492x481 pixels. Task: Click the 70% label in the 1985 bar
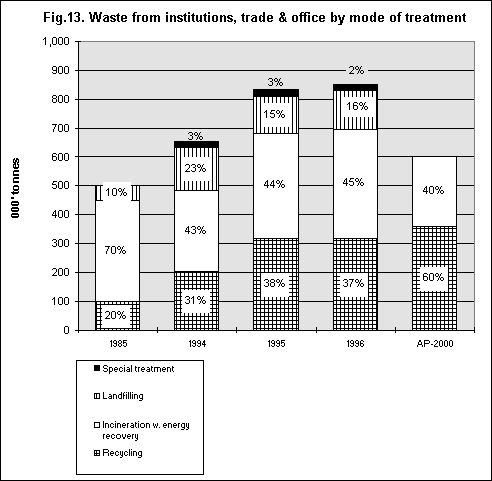115,250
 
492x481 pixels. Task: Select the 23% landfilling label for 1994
195,168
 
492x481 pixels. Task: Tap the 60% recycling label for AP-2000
433,277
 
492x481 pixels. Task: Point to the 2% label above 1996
356,70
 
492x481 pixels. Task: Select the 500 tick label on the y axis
60,186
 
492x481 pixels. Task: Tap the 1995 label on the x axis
276,343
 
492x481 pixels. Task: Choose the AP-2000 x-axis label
435,343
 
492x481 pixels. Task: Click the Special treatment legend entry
134,369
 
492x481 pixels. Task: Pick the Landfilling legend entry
119,396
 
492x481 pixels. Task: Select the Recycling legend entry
118,453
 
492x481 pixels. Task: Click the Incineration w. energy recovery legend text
146,430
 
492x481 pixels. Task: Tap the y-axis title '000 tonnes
15,188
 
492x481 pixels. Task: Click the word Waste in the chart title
108,17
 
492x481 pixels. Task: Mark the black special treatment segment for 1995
276,93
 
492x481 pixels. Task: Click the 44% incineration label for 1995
274,184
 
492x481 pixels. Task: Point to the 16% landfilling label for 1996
357,106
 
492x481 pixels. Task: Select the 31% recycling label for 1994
195,300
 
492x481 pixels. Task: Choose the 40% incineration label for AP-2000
433,190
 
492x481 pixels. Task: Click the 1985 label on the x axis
118,343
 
